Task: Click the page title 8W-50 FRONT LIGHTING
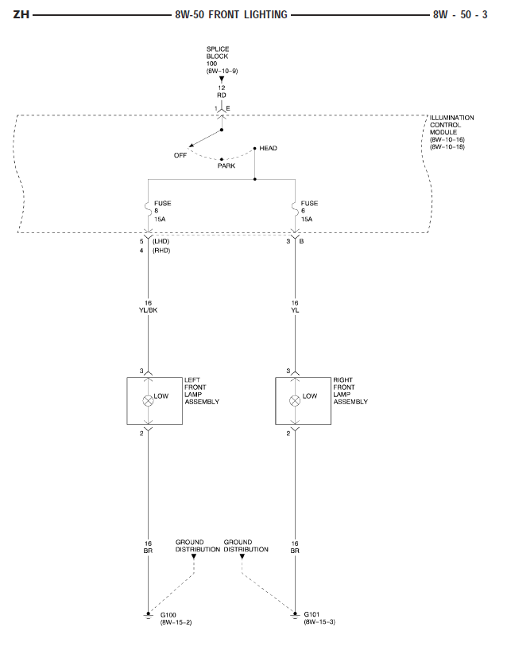tap(230, 14)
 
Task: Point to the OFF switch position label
tap(180, 155)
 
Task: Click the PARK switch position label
tap(226, 165)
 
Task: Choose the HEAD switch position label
tap(268, 148)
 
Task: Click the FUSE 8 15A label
tap(163, 210)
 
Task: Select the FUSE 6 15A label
tap(309, 210)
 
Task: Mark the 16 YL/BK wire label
tap(149, 307)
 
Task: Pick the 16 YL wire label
tap(295, 307)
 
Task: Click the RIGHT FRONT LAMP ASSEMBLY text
tap(350, 391)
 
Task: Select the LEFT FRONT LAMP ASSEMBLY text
tap(201, 391)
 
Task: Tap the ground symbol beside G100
tap(147, 614)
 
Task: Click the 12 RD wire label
tap(222, 91)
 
